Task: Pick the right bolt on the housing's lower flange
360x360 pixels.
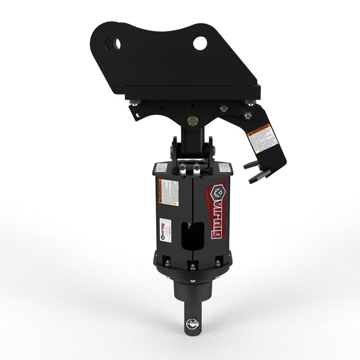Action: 218,262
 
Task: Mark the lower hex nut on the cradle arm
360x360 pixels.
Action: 247,116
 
